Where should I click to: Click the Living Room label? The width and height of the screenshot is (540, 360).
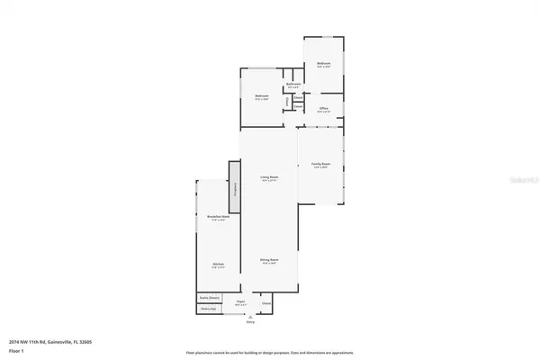pyautogui.click(x=268, y=177)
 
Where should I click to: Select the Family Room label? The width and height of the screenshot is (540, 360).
pyautogui.click(x=320, y=165)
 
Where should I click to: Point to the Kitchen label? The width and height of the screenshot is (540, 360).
pyautogui.click(x=218, y=265)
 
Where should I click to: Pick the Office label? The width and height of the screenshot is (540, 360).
pyautogui.click(x=322, y=109)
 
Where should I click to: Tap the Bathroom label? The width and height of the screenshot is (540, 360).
pyautogui.click(x=293, y=85)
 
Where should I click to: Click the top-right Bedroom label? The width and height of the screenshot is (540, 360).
pyautogui.click(x=323, y=64)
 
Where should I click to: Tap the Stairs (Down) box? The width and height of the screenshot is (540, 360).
pyautogui.click(x=210, y=297)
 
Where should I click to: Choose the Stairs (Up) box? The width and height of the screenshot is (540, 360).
pyautogui.click(x=209, y=308)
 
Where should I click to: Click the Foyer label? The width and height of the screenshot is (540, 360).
pyautogui.click(x=239, y=303)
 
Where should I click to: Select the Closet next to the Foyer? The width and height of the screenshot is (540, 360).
pyautogui.click(x=266, y=303)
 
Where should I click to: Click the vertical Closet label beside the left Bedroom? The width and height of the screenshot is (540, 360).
pyautogui.click(x=287, y=102)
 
